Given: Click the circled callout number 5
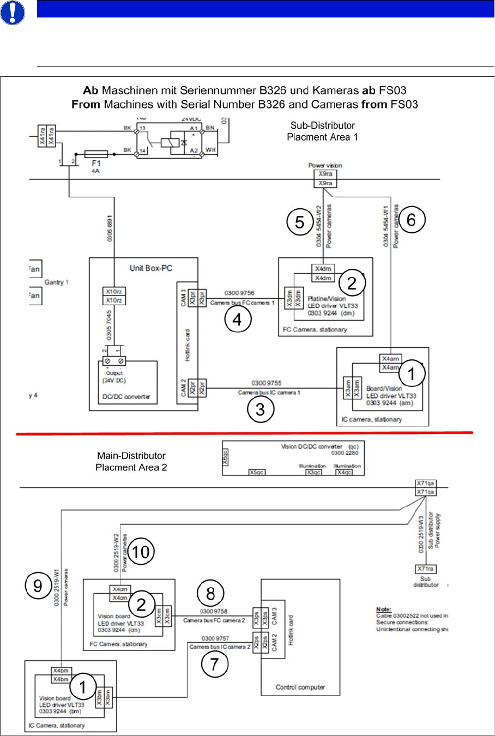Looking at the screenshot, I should (x=300, y=222).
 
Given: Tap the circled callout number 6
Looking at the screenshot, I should (x=411, y=220).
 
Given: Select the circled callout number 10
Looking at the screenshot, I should (x=141, y=552).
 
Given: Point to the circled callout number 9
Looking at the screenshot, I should (x=38, y=586).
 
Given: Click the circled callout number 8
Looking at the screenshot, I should (x=210, y=593).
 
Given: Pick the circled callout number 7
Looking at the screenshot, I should (x=214, y=664).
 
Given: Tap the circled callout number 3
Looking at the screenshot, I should (x=261, y=409).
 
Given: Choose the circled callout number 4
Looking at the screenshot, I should (x=237, y=319).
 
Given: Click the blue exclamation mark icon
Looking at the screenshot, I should (x=13, y=13).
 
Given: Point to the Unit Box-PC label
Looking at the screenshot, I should (x=150, y=268).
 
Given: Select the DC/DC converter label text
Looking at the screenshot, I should (x=126, y=397).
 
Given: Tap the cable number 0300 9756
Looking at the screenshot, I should (x=239, y=293).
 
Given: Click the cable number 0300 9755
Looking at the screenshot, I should (x=266, y=383).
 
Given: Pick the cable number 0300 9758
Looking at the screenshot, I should (x=213, y=612).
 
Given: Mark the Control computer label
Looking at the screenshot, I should (x=300, y=687).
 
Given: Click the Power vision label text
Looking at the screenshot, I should (x=325, y=165).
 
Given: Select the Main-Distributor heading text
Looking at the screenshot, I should (x=131, y=456).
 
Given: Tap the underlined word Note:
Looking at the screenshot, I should (x=384, y=609).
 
